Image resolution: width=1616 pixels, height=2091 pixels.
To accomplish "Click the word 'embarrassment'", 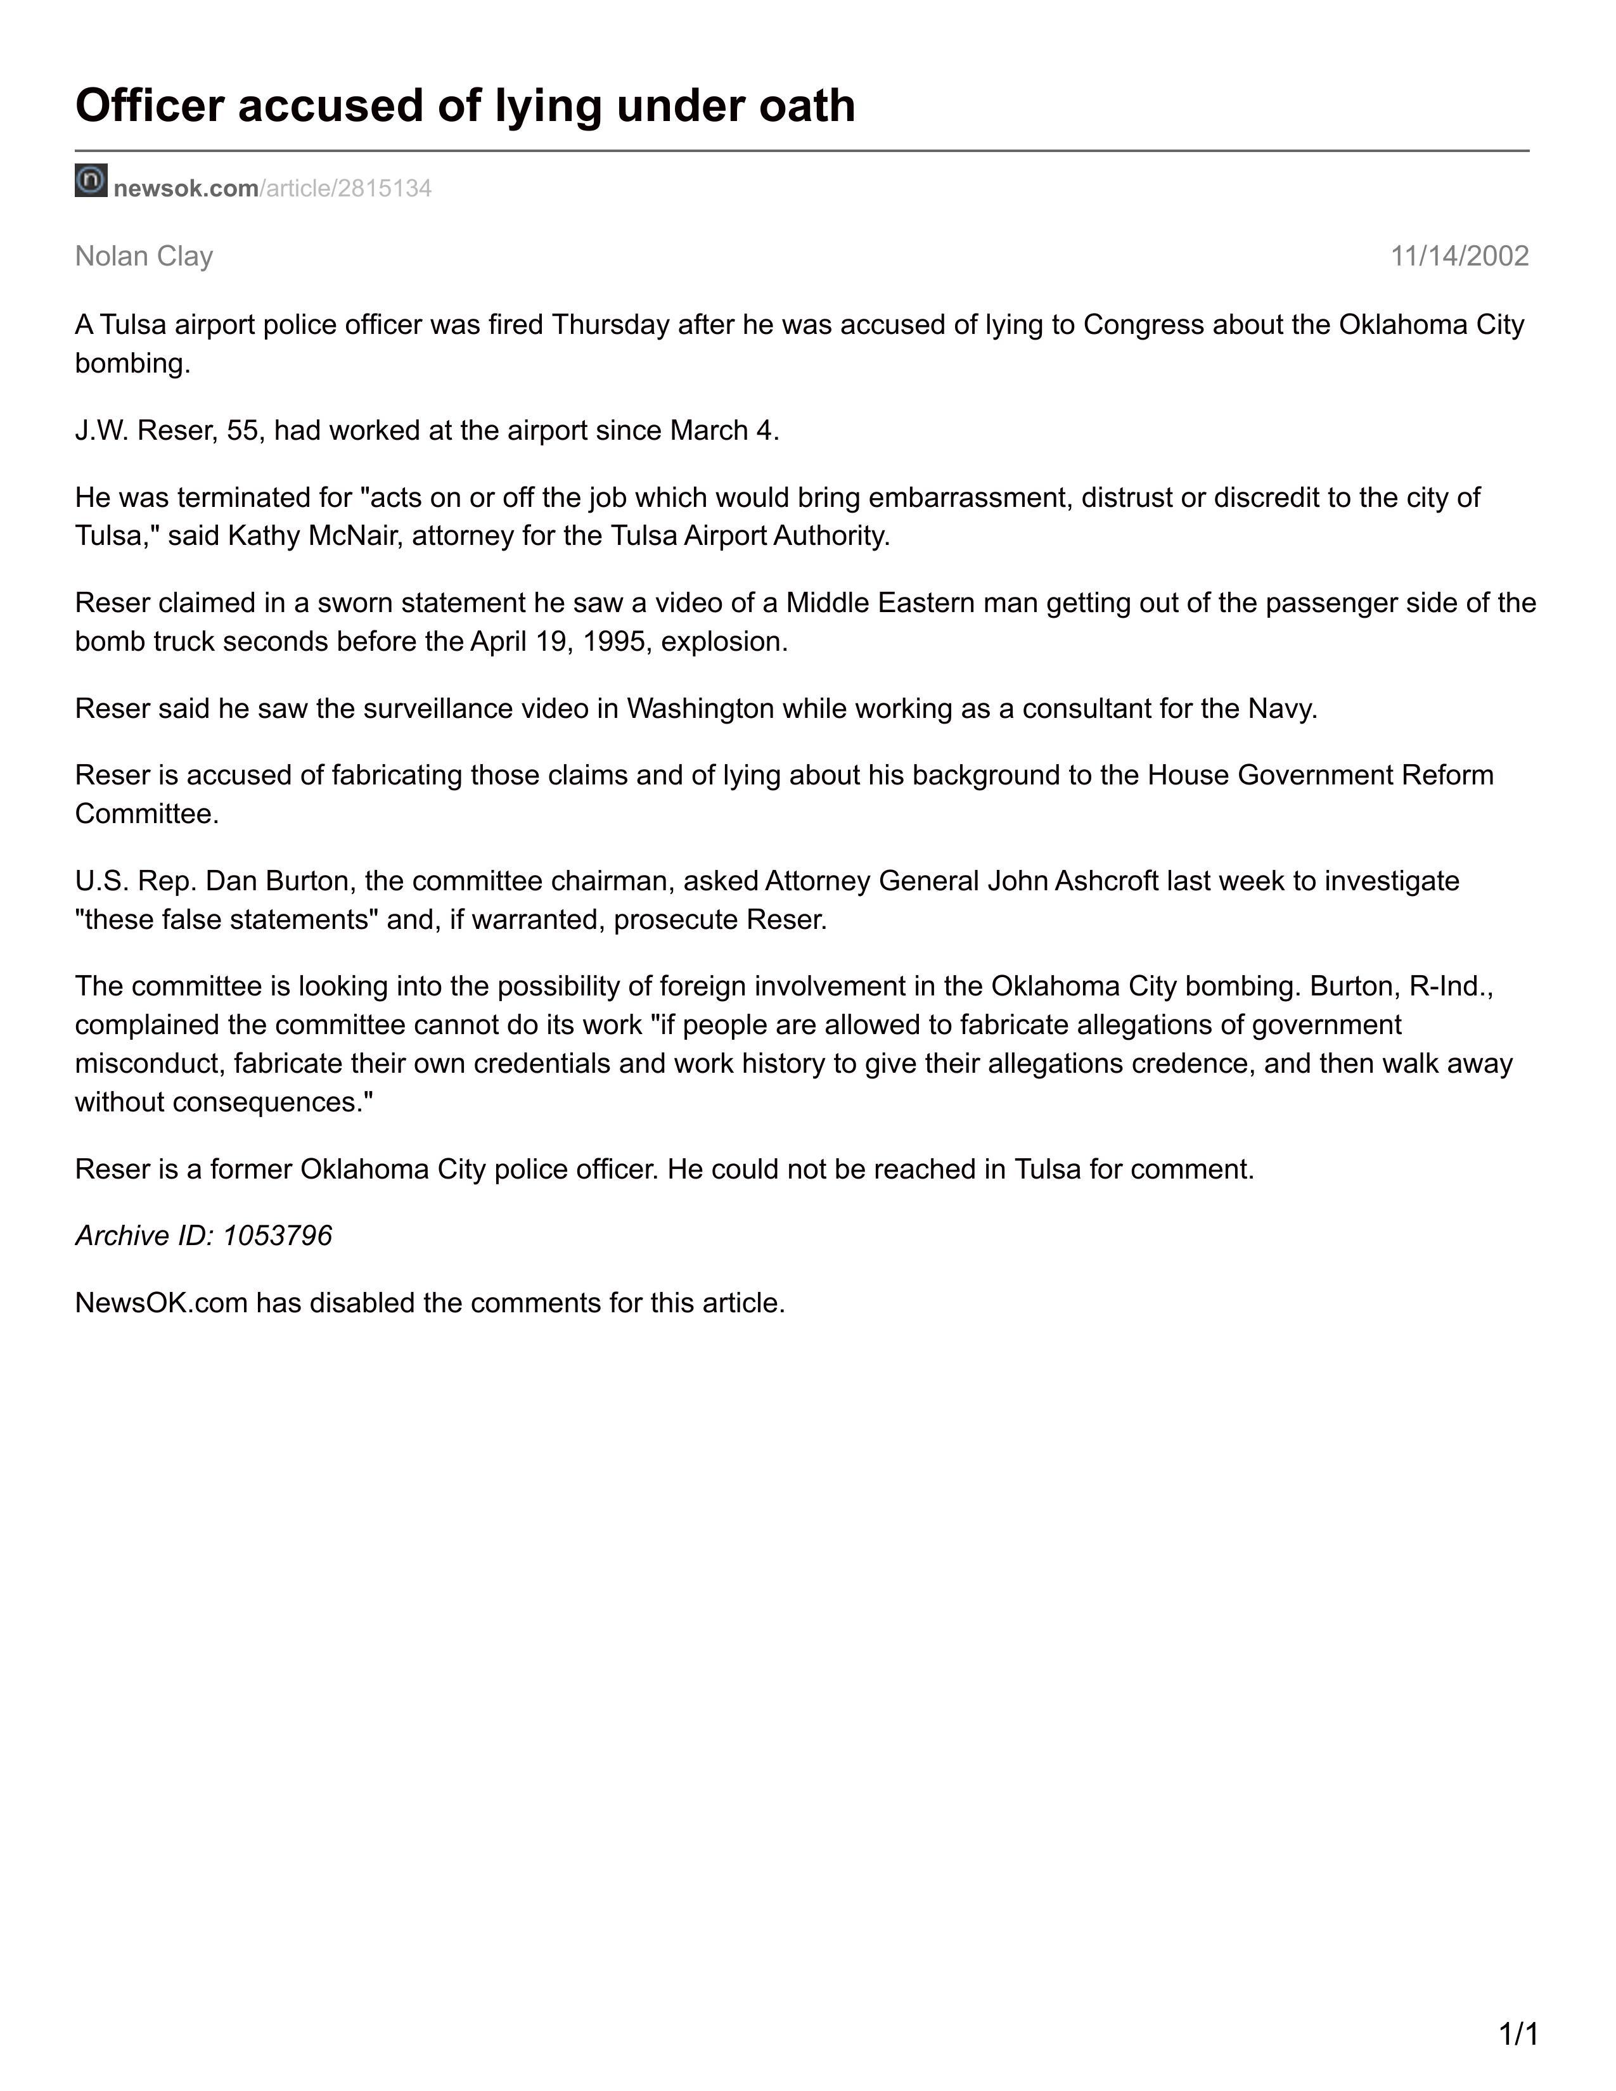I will click(970, 498).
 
